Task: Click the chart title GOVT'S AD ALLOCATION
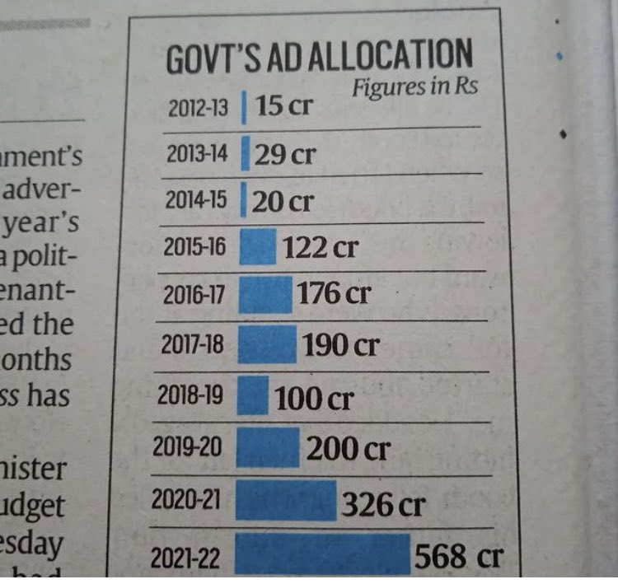(x=320, y=58)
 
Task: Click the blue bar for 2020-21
(x=286, y=501)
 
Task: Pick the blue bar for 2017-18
(x=267, y=343)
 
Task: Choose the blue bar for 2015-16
(x=257, y=247)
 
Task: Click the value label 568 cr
(x=457, y=557)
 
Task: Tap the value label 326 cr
(x=384, y=503)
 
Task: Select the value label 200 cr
(x=348, y=449)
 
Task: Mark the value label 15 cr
(x=283, y=106)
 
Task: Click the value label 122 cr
(x=320, y=246)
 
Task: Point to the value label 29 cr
(x=284, y=154)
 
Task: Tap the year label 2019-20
(x=188, y=447)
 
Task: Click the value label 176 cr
(x=334, y=294)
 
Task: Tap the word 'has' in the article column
(x=49, y=395)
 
